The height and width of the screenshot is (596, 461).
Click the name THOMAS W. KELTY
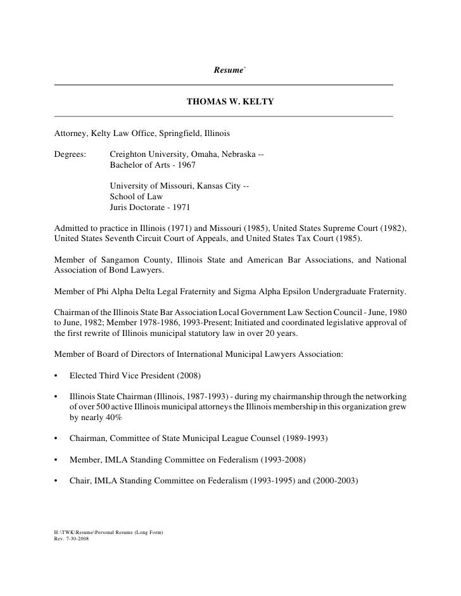click(230, 101)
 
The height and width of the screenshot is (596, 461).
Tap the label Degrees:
click(70, 154)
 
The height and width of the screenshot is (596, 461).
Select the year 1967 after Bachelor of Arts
click(186, 165)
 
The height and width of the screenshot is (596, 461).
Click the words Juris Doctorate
click(137, 207)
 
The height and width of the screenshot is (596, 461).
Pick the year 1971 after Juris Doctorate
click(179, 207)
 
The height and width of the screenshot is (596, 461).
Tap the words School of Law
click(136, 196)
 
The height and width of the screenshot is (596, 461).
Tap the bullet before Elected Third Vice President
click(57, 376)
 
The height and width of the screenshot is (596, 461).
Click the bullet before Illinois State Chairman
click(57, 397)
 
